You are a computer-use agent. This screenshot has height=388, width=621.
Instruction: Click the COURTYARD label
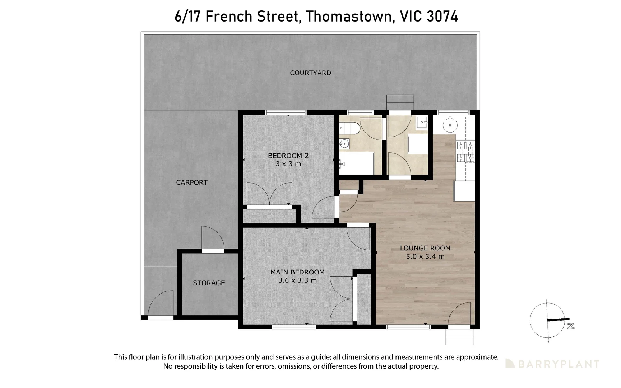(x=310, y=73)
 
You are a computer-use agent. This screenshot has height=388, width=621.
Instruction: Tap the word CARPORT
(x=191, y=183)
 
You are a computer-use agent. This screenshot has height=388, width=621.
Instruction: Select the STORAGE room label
(x=209, y=283)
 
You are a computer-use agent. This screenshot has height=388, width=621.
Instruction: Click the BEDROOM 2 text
(x=288, y=156)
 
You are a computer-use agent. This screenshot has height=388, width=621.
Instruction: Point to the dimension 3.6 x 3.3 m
(x=297, y=281)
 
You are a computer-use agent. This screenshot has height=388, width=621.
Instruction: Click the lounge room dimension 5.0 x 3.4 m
(x=425, y=257)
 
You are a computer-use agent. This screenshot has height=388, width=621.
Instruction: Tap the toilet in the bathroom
(x=349, y=128)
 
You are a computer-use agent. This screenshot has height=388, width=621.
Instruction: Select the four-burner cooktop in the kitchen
(x=465, y=152)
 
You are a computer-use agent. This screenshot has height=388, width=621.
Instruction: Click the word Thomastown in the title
(x=347, y=17)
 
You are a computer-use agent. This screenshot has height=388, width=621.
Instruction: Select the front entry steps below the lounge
(x=459, y=337)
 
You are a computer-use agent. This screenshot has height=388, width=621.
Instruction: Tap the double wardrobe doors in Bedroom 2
(x=269, y=194)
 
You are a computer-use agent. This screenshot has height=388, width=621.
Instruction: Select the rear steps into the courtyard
(x=400, y=102)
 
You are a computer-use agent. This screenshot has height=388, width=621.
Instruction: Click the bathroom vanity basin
(x=344, y=144)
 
